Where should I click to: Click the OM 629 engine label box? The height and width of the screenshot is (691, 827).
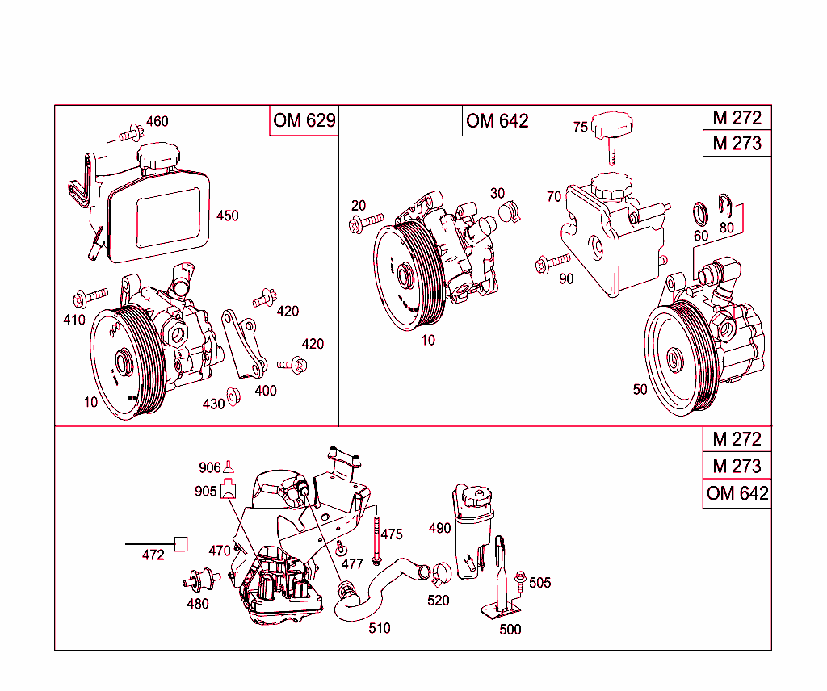[x=304, y=120]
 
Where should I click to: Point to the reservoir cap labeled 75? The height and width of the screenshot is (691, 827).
[x=611, y=129]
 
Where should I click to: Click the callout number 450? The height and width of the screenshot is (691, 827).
[x=228, y=216]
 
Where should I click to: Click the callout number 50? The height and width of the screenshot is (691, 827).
[x=640, y=389]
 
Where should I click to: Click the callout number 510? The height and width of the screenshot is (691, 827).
[x=379, y=628]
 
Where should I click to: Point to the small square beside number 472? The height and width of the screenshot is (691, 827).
[x=181, y=543]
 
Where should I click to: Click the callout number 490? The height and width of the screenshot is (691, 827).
[x=439, y=528]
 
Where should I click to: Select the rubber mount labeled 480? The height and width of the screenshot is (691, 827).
[x=199, y=580]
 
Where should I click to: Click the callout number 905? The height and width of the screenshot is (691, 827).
[x=205, y=491]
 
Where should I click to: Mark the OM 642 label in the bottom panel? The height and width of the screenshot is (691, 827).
[x=737, y=493]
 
